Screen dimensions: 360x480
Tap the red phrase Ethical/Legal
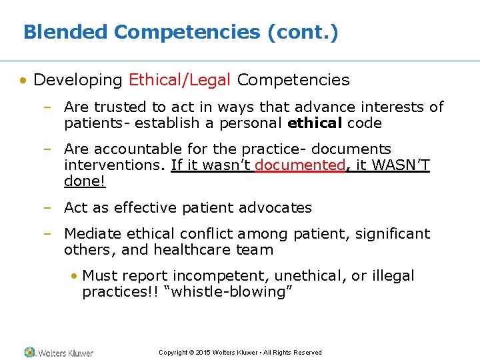coord(179,80)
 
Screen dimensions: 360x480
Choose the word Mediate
coord(92,234)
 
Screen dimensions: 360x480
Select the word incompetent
coord(215,276)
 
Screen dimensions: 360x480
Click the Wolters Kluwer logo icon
coord(29,352)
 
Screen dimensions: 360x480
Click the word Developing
coord(78,80)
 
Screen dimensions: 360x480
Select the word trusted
coord(122,107)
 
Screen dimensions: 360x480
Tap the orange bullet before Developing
coord(23,81)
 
